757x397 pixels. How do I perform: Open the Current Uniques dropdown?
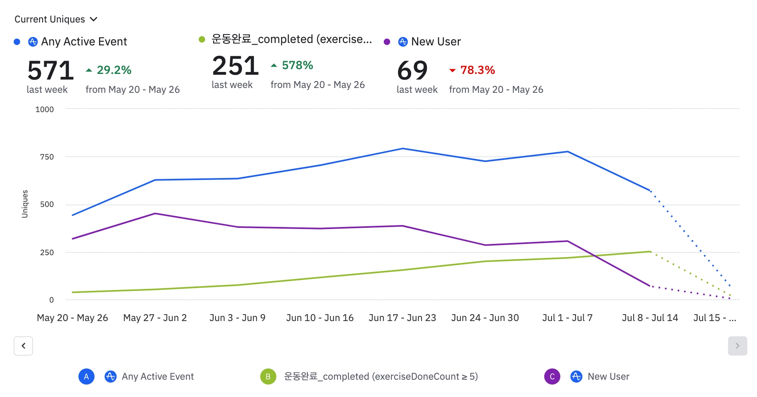tap(56, 19)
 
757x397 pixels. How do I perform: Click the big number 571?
tap(51, 70)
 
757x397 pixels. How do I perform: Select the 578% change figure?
tap(297, 65)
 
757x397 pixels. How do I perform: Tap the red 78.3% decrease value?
tap(477, 70)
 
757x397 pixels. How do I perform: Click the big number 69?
tap(412, 70)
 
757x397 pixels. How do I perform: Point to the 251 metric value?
tap(235, 65)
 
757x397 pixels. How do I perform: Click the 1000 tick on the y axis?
tap(45, 109)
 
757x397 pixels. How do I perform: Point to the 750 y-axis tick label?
tap(47, 157)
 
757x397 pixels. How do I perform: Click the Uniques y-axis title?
tap(25, 204)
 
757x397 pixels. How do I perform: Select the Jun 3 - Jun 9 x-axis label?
tap(237, 318)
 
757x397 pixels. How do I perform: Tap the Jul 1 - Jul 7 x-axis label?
tap(567, 318)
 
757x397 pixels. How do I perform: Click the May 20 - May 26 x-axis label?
tap(72, 318)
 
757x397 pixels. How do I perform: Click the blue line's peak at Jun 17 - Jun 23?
tap(403, 149)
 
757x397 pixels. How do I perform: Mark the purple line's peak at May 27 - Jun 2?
tap(155, 213)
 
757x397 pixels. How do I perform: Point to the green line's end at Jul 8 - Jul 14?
tap(650, 252)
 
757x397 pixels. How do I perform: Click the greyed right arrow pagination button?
tap(737, 346)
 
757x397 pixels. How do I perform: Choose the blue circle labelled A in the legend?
tap(86, 377)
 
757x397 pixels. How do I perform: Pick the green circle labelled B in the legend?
tap(268, 377)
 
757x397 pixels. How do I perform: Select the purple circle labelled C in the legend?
tap(552, 377)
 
